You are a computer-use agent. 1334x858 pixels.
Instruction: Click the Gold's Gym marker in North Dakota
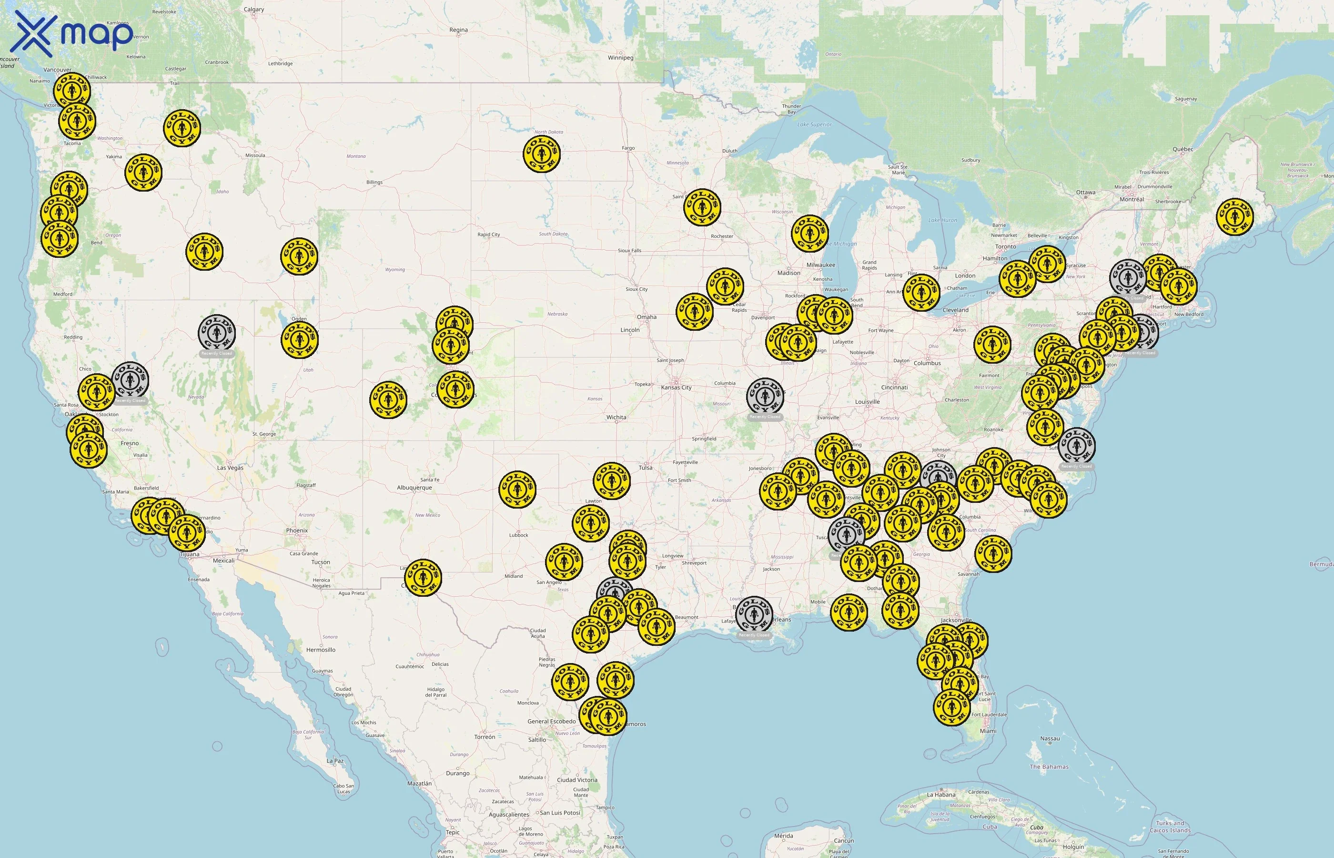(x=541, y=154)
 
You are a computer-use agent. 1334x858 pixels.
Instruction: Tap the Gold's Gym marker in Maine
(x=1234, y=216)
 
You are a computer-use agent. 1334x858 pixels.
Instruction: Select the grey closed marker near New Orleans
(x=754, y=614)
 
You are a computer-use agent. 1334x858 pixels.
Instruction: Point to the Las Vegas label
(x=230, y=468)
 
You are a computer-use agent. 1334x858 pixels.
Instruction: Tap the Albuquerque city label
(x=414, y=488)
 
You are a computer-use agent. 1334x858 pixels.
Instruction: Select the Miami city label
(x=988, y=731)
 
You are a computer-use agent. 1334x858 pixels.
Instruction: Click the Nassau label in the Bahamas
(x=1050, y=739)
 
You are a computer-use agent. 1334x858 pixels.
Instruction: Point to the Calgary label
(x=254, y=10)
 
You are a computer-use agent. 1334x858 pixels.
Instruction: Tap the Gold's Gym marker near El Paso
(x=423, y=577)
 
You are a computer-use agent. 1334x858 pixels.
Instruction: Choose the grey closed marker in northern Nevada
(x=217, y=333)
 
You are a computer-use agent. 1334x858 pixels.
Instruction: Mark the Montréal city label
(x=1132, y=199)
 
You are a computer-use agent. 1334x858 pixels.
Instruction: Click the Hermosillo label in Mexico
(x=321, y=650)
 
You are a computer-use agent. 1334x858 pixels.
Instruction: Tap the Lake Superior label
(x=814, y=125)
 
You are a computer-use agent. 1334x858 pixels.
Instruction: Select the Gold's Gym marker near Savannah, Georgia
(x=993, y=554)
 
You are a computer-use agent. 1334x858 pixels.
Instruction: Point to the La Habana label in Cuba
(x=941, y=795)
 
